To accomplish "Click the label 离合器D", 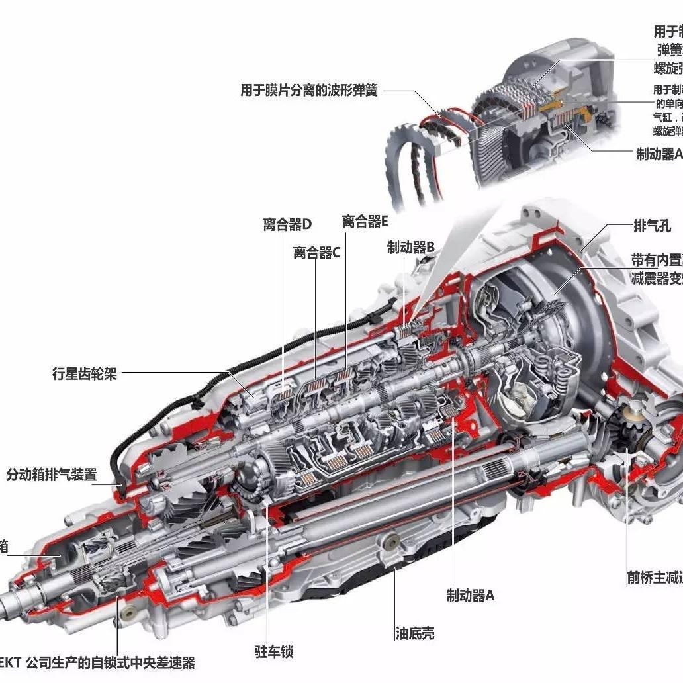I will pyautogui.click(x=287, y=224).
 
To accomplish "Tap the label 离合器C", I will pyautogui.click(x=317, y=253).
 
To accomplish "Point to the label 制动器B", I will pyautogui.click(x=411, y=248).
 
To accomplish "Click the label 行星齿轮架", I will pyautogui.click(x=85, y=373).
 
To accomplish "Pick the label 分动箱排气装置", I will pyautogui.click(x=52, y=475).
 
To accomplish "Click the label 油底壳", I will pyautogui.click(x=415, y=633).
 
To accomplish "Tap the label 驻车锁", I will pyautogui.click(x=274, y=651).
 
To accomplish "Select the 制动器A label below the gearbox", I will pyautogui.click(x=471, y=595).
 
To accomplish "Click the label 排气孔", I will pyautogui.click(x=653, y=226).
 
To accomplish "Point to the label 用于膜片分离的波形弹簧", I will pyautogui.click(x=309, y=91).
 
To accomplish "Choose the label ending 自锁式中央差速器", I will pyautogui.click(x=99, y=663).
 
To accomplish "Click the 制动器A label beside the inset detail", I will pyautogui.click(x=659, y=154).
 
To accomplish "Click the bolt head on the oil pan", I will pyautogui.click(x=391, y=542).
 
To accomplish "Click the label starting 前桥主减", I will pyautogui.click(x=655, y=578).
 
